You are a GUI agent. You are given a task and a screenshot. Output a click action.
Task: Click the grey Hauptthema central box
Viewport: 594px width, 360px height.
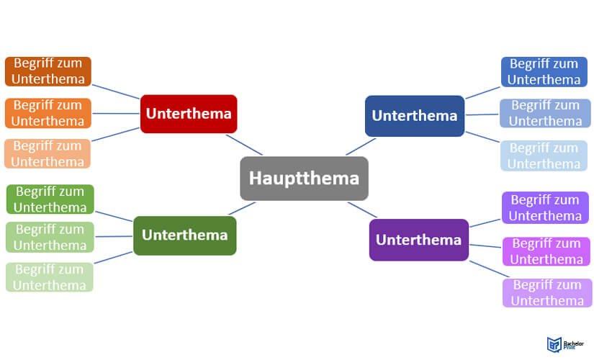pos(303,178)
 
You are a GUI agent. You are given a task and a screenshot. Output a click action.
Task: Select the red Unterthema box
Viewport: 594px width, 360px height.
pos(189,114)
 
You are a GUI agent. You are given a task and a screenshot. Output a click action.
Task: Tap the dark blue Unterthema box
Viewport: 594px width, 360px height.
pos(414,115)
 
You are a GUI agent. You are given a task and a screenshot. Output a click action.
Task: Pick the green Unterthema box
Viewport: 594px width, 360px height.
pos(184,235)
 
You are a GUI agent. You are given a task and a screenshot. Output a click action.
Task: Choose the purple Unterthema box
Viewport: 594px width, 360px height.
pos(418,240)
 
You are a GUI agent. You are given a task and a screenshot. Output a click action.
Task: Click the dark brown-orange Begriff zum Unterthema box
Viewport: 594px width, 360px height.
pos(48,71)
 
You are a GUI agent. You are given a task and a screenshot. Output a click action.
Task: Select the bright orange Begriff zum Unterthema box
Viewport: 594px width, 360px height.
pos(48,113)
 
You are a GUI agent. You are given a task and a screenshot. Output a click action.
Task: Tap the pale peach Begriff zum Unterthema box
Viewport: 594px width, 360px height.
pos(48,153)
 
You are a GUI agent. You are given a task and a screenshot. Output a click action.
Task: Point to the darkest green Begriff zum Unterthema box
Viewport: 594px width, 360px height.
pos(50,199)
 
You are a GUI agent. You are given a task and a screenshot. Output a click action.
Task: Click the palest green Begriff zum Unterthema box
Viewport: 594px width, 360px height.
pos(50,277)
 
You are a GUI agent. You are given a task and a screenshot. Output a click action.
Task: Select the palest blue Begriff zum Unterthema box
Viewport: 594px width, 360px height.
pos(544,156)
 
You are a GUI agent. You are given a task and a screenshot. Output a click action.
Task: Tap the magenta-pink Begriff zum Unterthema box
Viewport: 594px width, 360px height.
pos(547,251)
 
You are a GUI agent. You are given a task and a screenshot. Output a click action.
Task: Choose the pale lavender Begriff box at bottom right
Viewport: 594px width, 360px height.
pos(547,293)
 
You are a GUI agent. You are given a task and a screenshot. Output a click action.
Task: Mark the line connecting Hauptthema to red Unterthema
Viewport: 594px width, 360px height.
pos(244,144)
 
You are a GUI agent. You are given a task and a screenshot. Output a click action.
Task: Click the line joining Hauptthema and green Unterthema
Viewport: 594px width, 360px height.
pos(241,209)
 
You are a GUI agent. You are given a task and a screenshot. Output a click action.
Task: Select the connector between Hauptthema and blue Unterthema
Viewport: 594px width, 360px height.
pos(361,146)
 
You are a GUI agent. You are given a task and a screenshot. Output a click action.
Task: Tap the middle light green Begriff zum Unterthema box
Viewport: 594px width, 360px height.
pos(50,238)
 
